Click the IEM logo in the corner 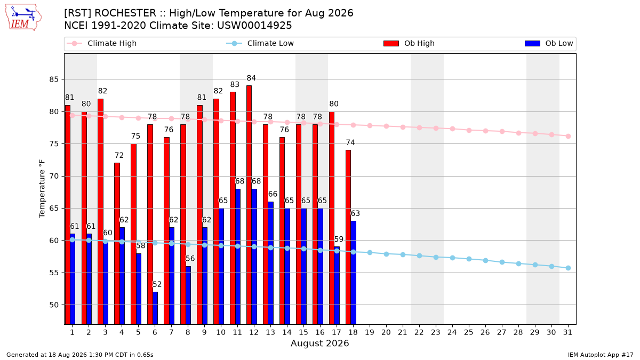coord(23,18)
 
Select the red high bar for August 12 coord(249,205)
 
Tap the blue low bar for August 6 coord(155,308)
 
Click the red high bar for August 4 coord(117,243)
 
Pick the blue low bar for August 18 coord(354,273)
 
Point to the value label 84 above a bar coord(251,78)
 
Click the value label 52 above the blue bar coord(157,284)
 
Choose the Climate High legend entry coord(102,43)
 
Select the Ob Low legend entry coord(549,43)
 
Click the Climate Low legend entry coord(260,43)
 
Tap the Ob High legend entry coord(409,43)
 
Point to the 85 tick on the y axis coord(54,79)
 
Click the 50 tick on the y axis coord(54,305)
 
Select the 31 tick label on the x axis coord(567,332)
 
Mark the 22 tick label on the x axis coord(419,332)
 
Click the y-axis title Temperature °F coord(42,189)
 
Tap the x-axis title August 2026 coord(319,343)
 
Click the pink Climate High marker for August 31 coord(569,137)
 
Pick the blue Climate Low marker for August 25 coord(469,259)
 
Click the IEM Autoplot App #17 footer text coord(601,355)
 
